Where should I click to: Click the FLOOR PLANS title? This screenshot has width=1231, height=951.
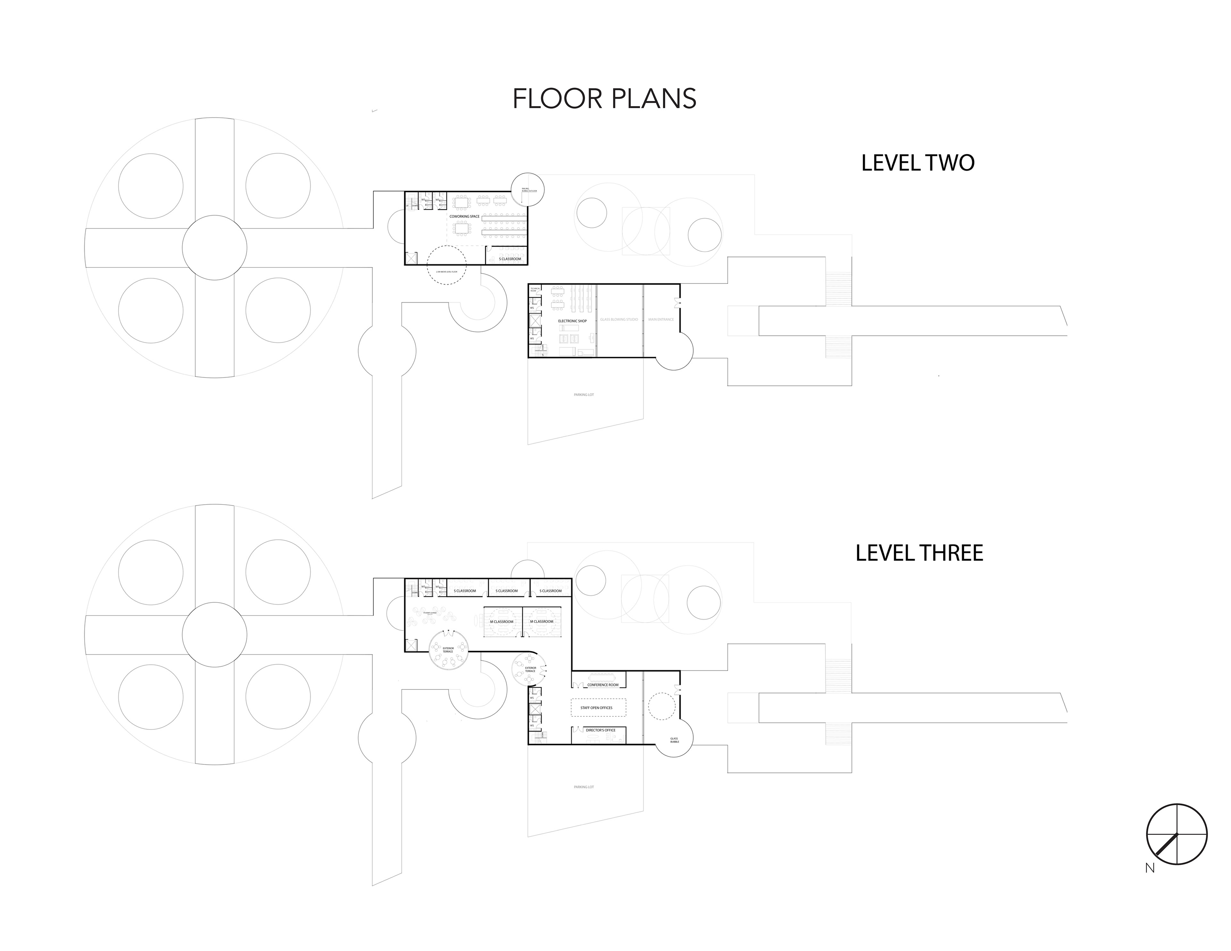(604, 99)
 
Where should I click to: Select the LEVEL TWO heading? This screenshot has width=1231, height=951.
(917, 163)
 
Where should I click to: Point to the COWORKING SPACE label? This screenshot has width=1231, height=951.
(465, 216)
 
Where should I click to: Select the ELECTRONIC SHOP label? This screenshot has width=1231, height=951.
(572, 321)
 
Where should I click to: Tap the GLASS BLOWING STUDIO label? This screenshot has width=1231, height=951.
(619, 320)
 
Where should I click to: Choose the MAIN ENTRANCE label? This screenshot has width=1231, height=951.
(661, 320)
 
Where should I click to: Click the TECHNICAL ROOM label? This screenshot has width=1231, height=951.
(535, 290)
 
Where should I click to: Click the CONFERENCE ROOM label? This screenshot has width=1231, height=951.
(603, 685)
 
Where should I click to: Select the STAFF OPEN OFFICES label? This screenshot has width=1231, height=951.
(596, 707)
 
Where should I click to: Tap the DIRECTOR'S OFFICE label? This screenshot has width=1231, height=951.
(601, 730)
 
